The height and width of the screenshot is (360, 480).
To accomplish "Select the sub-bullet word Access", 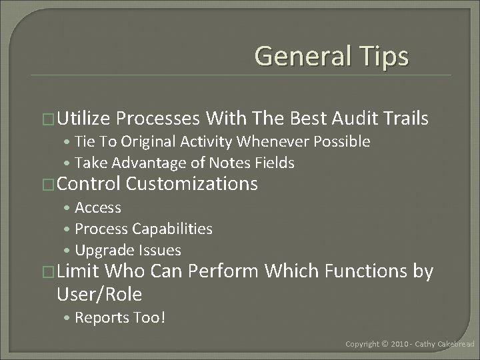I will point(98,207).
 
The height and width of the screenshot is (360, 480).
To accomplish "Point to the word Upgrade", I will point(103,250).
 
